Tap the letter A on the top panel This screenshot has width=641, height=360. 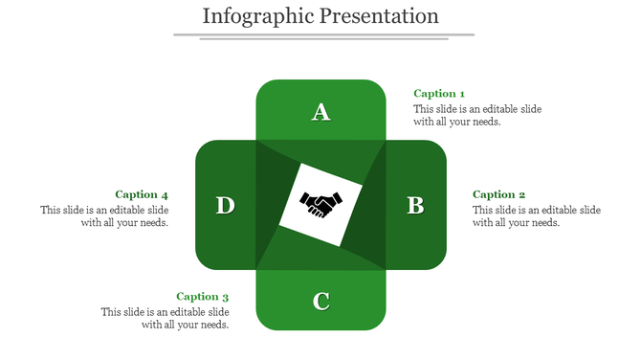[x=321, y=112]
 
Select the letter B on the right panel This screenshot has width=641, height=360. [x=415, y=205]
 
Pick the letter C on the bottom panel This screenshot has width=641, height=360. [x=321, y=302]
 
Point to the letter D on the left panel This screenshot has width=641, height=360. [x=225, y=205]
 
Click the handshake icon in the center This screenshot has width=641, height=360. [x=321, y=203]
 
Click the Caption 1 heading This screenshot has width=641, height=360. [x=439, y=94]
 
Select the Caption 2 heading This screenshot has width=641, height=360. [x=499, y=195]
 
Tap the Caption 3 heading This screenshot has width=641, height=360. [x=202, y=297]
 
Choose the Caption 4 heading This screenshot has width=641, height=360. [x=142, y=195]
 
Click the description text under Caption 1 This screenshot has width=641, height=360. [x=477, y=115]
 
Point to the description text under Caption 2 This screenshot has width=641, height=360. [x=537, y=216]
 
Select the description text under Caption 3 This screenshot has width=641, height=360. [x=166, y=318]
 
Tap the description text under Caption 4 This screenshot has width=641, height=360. [x=105, y=216]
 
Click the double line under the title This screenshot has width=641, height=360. [x=323, y=36]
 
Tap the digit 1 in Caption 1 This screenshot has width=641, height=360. [x=462, y=94]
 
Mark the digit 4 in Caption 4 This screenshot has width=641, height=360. [x=165, y=195]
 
